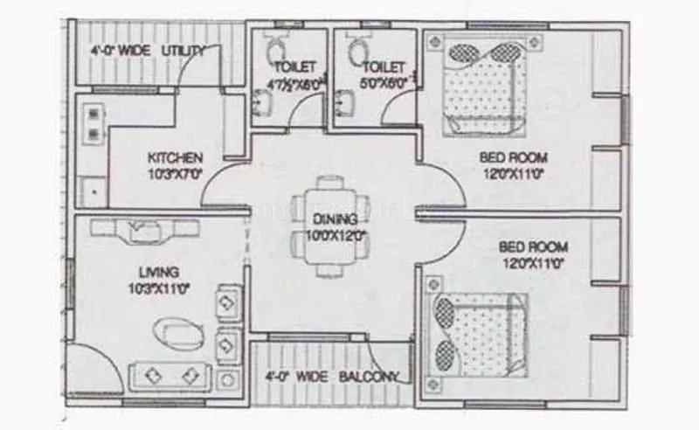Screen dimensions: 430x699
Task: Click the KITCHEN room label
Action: (175, 157)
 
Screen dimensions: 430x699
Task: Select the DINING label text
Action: (336, 218)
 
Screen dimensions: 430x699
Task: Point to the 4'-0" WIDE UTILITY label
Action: (148, 51)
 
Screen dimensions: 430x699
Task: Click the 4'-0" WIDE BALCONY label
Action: (332, 378)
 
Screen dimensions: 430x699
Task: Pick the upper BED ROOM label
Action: (513, 157)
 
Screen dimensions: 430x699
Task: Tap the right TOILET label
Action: (384, 67)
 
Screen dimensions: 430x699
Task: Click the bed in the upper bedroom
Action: (481, 87)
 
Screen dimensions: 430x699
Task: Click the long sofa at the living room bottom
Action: (171, 375)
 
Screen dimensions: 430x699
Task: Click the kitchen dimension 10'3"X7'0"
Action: (175, 173)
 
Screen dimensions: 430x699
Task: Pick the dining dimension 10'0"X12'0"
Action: (336, 235)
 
